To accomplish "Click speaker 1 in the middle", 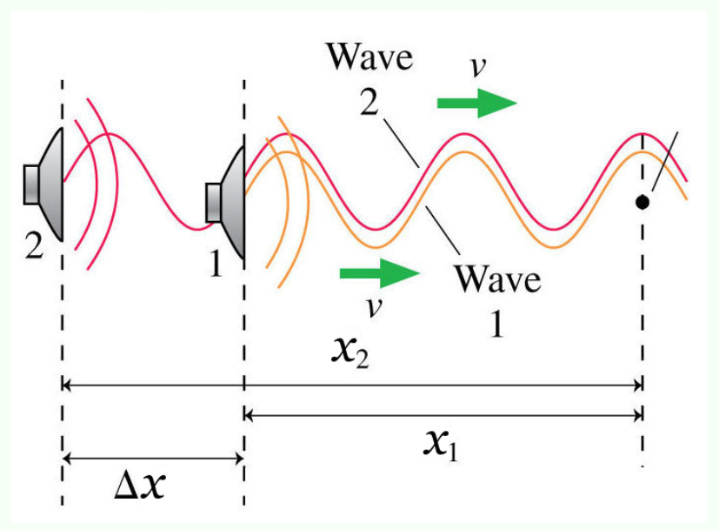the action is (227, 203).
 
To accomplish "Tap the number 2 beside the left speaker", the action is (34, 246).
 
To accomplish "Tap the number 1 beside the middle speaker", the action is (215, 262).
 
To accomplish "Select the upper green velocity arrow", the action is (476, 104).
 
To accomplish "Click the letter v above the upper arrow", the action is (477, 68).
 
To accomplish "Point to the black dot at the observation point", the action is (642, 202).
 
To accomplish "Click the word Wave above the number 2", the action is (369, 57).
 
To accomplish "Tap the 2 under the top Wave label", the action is (369, 104).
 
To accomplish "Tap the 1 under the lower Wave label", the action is (497, 324).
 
